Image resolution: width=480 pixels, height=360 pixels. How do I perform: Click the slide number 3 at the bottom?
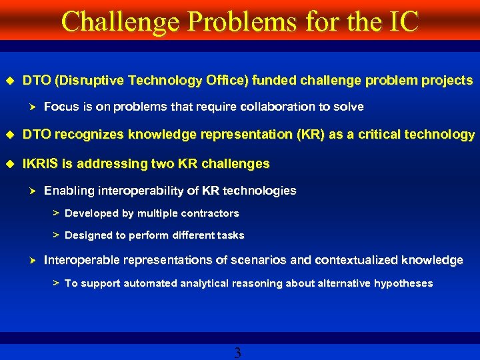click(x=238, y=353)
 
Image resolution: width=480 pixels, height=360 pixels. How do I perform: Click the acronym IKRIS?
click(x=41, y=163)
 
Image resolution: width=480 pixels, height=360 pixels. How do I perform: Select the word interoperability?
click(x=159, y=191)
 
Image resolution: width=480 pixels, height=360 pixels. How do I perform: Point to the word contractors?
click(x=209, y=213)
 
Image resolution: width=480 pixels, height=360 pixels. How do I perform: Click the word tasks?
click(x=231, y=235)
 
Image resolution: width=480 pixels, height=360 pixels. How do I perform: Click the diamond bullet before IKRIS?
click(x=10, y=163)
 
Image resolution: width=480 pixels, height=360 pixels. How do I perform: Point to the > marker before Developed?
click(x=56, y=213)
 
